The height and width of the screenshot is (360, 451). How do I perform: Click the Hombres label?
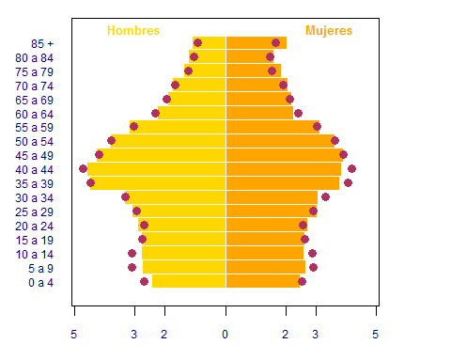tap(133, 31)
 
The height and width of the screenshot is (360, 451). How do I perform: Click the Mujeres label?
tap(329, 31)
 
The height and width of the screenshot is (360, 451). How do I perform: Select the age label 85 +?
tap(42, 44)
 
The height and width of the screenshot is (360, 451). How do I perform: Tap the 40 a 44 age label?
tap(34, 170)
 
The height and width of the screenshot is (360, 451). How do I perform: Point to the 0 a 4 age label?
tap(40, 283)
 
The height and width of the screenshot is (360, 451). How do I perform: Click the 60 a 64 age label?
tap(34, 115)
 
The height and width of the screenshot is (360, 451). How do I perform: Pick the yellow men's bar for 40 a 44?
tap(156, 169)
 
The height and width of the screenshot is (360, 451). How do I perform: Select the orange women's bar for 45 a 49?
tap(285, 155)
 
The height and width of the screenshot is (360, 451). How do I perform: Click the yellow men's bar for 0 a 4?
tap(189, 281)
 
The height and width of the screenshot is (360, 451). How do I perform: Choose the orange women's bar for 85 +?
tap(257, 43)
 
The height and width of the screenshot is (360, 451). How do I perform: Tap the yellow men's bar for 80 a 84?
tap(207, 56)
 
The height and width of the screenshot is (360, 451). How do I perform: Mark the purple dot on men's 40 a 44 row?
tap(83, 169)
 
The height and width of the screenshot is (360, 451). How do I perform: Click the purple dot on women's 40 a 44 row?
tap(351, 169)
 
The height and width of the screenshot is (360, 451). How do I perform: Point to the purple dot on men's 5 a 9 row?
tap(132, 268)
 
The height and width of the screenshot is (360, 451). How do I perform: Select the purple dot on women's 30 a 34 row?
tap(325, 197)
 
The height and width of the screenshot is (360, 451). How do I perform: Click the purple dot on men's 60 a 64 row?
tap(155, 113)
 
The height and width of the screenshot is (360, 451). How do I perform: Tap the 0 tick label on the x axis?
tap(225, 335)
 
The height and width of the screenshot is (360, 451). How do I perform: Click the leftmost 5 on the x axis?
tap(73, 335)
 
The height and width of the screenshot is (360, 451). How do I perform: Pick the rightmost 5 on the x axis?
tap(375, 335)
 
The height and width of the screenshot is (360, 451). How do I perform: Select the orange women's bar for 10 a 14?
tap(265, 253)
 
